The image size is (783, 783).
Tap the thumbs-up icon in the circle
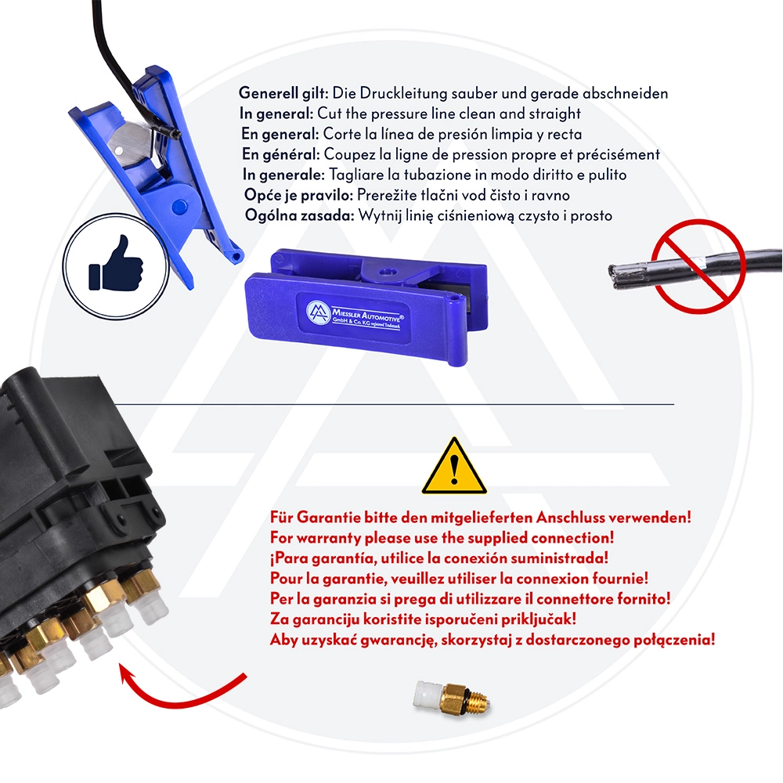point(115,263)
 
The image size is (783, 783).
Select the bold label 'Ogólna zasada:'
point(298,215)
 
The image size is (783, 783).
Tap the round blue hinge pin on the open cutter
point(179,207)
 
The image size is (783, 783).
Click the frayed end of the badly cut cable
point(622,272)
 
